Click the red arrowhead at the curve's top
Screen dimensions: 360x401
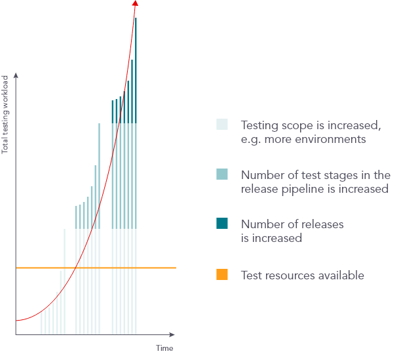pos(136,3)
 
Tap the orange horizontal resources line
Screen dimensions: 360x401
pos(157,268)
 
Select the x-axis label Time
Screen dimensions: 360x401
pos(164,348)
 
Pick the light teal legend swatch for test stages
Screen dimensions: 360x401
pos(222,174)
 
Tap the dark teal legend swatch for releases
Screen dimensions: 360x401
pos(222,224)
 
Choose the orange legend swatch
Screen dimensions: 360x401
pos(222,275)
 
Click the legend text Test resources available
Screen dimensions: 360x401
pos(302,275)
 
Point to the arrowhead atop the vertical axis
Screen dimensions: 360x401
pos(16,76)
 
